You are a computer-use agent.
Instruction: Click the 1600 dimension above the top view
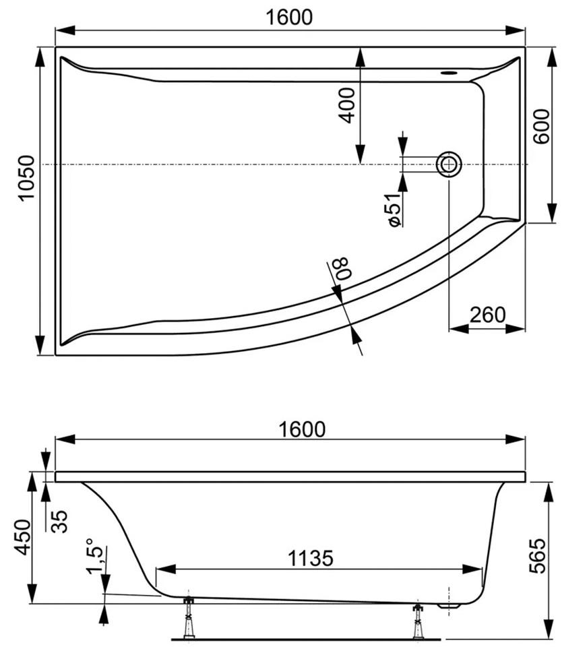pos(288,18)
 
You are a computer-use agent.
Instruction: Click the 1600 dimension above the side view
pos(302,429)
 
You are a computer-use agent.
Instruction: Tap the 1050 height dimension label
pos(26,178)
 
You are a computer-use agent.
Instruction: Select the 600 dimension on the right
pos(542,126)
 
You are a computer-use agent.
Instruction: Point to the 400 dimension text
pos(347,105)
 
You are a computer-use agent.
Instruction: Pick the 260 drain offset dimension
pos(487,315)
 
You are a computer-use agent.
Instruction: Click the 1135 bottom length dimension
pos(311,558)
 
